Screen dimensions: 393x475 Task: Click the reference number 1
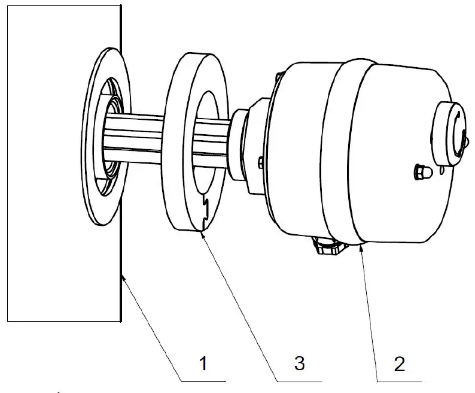tap(203, 362)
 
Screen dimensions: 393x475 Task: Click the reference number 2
tap(400, 362)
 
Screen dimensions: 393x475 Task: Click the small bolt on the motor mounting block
tap(260, 162)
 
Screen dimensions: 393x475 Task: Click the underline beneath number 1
tap(203, 380)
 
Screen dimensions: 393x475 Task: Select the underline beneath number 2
tap(398, 380)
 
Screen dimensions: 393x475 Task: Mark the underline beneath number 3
tap(299, 380)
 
